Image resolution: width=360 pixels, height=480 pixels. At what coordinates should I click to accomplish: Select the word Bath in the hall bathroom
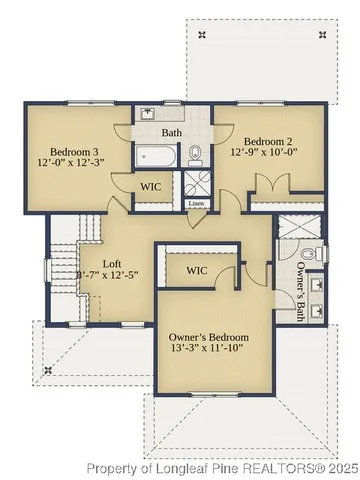172,131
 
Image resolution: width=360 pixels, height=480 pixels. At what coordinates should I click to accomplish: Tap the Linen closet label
196,204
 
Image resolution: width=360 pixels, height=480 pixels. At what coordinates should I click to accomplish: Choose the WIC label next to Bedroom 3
150,186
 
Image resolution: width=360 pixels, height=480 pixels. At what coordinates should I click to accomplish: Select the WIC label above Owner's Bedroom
196,270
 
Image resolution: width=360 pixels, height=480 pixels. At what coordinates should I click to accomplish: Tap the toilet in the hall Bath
197,153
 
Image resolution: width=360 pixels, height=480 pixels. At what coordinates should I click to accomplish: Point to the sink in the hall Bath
146,112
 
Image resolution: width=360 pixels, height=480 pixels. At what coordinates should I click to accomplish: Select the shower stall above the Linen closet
194,185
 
